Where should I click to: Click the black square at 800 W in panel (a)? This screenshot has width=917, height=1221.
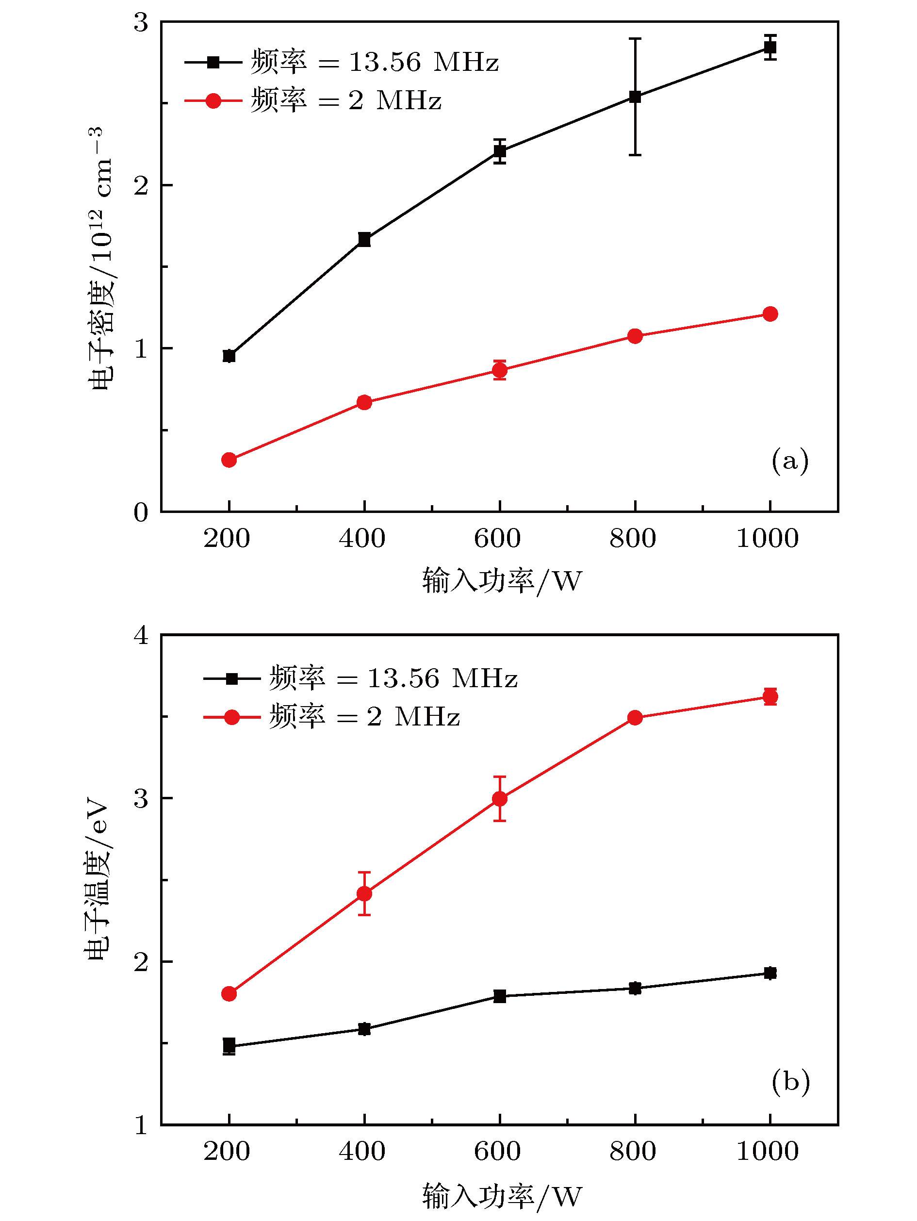click(635, 97)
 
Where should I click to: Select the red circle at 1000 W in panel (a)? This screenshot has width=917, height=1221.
click(770, 314)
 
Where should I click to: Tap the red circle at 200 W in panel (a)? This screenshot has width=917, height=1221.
click(229, 460)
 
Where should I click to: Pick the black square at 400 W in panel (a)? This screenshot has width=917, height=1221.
click(364, 240)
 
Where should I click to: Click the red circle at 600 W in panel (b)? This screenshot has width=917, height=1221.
click(499, 799)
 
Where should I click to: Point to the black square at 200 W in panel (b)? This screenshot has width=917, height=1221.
click(229, 1045)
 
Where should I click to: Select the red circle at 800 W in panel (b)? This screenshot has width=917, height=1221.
click(635, 718)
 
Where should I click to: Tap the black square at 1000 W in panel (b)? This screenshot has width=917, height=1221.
click(770, 973)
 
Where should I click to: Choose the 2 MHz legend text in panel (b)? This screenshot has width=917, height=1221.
click(365, 717)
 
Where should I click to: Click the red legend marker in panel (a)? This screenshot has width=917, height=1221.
click(213, 101)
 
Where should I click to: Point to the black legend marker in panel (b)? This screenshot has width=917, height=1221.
click(232, 678)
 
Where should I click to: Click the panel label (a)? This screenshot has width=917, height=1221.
click(789, 461)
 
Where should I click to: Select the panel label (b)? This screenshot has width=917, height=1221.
click(790, 1081)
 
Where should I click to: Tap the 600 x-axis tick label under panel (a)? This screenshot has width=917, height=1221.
click(497, 539)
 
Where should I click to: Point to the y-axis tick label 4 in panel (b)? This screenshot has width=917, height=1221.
click(141, 635)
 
